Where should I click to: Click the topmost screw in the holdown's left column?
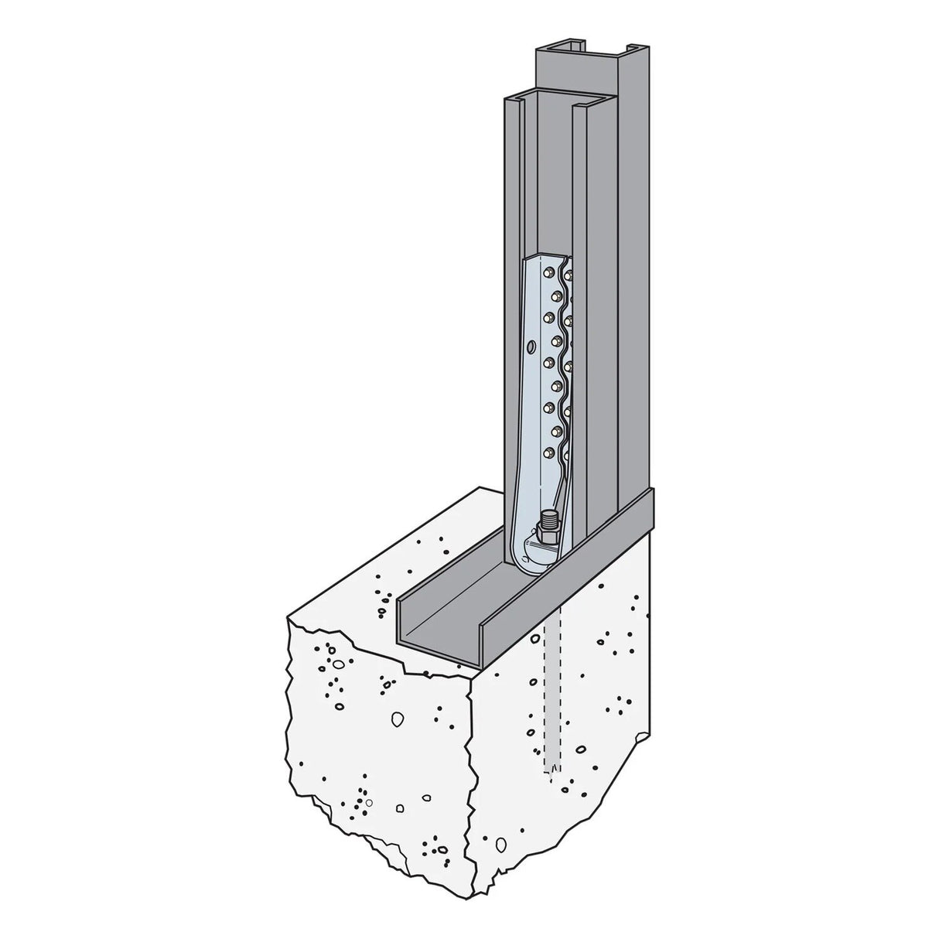coord(548,272)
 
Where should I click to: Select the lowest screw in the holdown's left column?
coord(550,452)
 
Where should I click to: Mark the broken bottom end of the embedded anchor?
coord(552,770)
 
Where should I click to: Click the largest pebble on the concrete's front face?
coord(397,718)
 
